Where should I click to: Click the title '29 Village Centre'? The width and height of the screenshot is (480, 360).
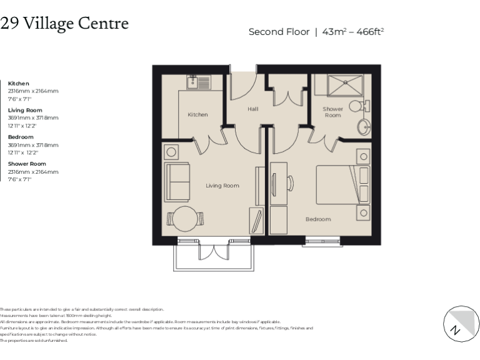(x=64, y=24)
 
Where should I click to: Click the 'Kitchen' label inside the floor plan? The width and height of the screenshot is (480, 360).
(x=197, y=114)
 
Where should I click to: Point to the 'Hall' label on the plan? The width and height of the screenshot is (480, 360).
(x=252, y=109)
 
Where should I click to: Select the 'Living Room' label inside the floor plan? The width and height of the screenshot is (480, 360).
(x=222, y=186)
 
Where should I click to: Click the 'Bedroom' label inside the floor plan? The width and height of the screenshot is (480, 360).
(x=318, y=219)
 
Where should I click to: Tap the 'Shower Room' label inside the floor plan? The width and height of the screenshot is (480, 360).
(x=332, y=112)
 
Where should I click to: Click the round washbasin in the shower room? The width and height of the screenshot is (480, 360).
(x=364, y=127)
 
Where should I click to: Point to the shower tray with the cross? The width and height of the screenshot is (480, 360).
(x=337, y=85)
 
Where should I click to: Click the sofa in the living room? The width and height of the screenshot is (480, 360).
(x=177, y=181)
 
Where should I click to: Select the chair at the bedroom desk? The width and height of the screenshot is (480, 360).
(x=291, y=182)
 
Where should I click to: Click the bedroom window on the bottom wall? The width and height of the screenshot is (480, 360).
(x=323, y=239)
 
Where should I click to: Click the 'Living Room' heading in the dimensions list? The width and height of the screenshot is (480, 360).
(x=25, y=110)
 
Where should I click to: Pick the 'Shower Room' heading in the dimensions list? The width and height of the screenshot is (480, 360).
(x=27, y=164)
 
